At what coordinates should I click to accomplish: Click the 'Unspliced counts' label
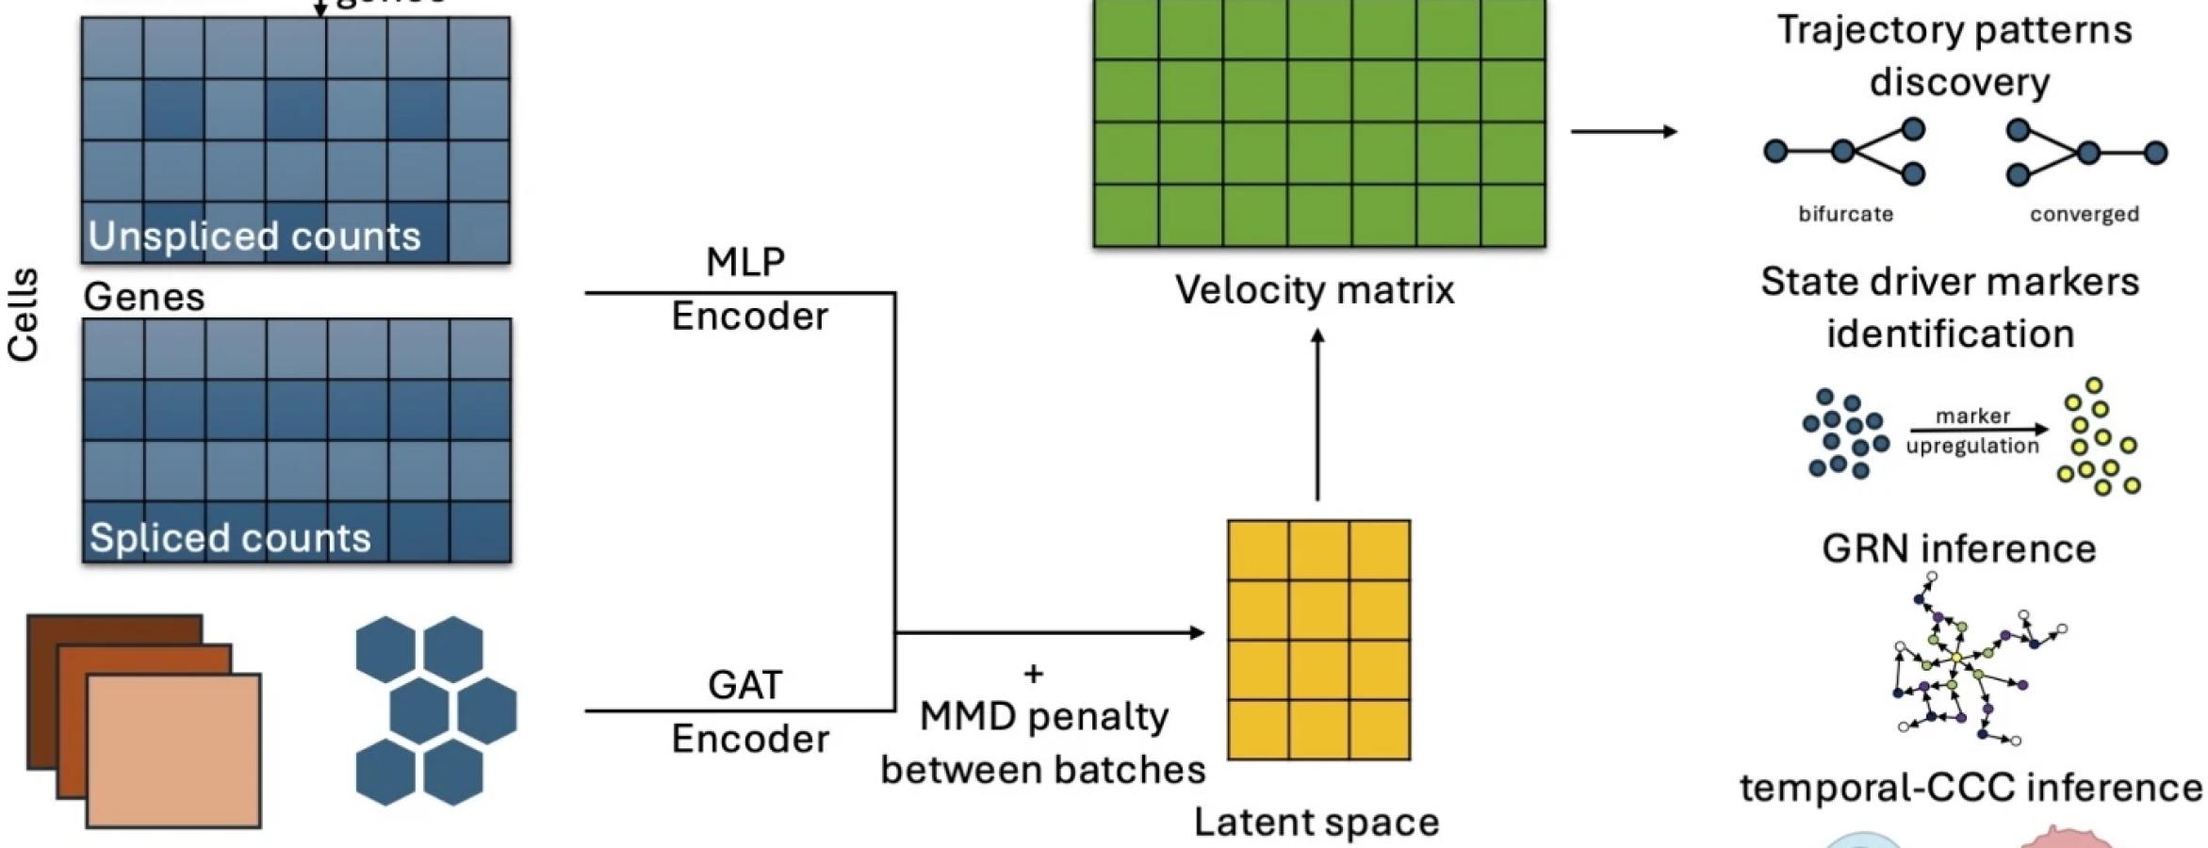[x=254, y=236]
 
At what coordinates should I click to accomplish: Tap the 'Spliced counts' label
[x=230, y=538]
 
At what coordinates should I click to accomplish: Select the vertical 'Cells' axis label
[x=24, y=315]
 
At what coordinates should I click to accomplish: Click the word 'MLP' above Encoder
[x=745, y=262]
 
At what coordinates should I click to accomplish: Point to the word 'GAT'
[x=744, y=685]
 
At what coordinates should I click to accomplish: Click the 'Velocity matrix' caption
[x=1315, y=289]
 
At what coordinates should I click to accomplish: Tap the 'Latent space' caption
[x=1317, y=823]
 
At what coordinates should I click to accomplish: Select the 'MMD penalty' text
[x=1044, y=717]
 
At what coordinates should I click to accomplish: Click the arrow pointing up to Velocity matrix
[x=1317, y=415]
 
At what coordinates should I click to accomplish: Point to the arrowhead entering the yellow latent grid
[x=1197, y=632]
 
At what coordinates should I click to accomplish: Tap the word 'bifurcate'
[x=1845, y=214]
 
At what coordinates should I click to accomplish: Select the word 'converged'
[x=2084, y=214]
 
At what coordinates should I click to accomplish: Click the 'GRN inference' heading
[x=1958, y=548]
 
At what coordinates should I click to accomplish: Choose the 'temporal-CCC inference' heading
[x=1971, y=788]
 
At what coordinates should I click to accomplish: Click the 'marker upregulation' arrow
[x=1974, y=431]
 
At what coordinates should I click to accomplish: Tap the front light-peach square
[x=173, y=751]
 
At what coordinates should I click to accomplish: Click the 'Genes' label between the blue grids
[x=144, y=297]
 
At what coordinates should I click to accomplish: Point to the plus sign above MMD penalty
[x=1033, y=674]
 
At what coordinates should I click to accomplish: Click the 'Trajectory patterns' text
[x=1954, y=30]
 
